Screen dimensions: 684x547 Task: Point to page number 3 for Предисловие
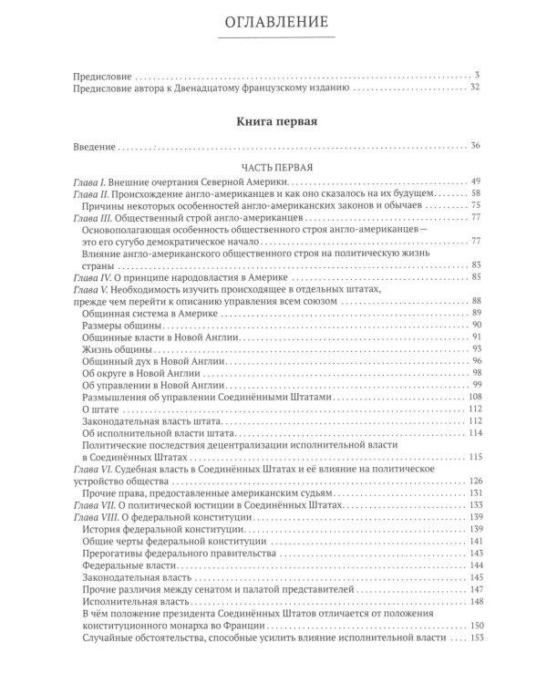(477, 74)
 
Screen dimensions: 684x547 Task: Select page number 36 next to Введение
(474, 145)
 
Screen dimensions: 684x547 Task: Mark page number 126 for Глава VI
(472, 481)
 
